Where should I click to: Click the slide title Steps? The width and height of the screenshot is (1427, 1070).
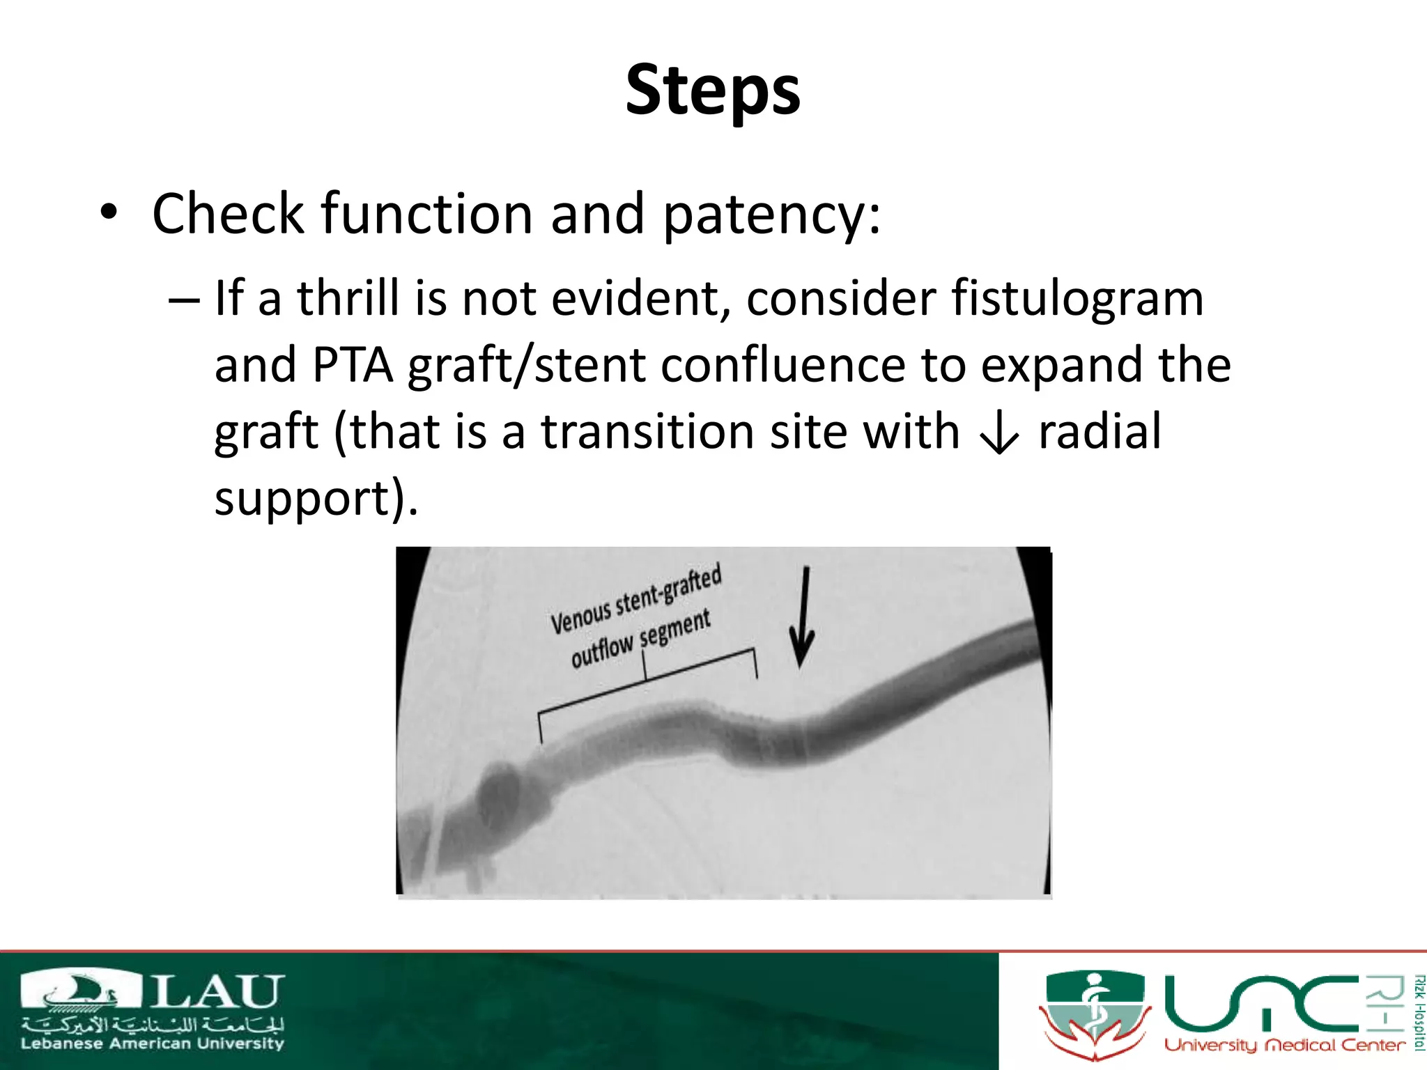point(713,91)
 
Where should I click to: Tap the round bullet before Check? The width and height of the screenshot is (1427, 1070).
point(108,212)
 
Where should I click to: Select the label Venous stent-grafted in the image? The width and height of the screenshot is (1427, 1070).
point(635,599)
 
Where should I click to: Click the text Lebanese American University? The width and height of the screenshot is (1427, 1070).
point(152,1044)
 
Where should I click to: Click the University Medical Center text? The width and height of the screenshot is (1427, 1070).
point(1284,1045)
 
